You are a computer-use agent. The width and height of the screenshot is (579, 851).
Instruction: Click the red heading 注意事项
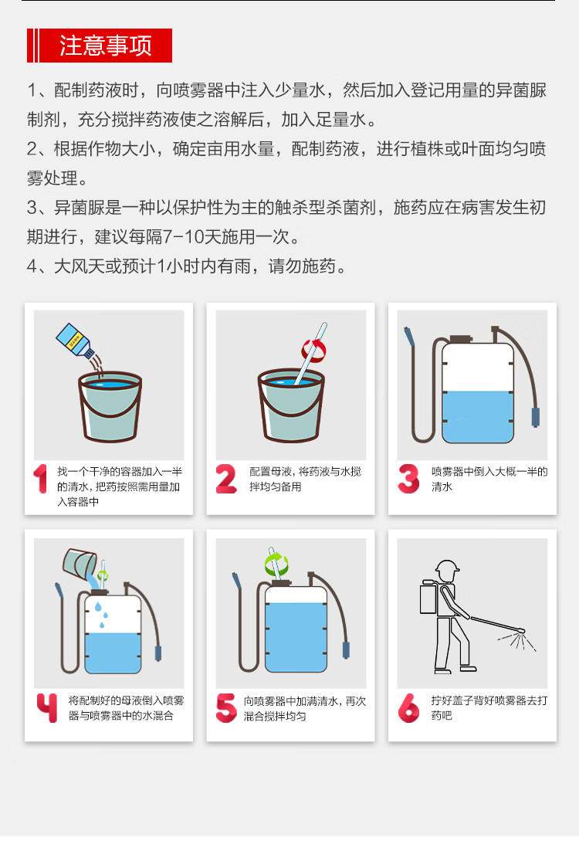click(105, 46)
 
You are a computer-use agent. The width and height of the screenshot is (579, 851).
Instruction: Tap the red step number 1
click(40, 478)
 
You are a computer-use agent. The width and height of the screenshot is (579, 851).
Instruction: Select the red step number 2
click(226, 478)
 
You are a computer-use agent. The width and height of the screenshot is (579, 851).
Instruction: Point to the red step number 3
click(408, 478)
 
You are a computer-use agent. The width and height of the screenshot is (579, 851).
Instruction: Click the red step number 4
click(46, 707)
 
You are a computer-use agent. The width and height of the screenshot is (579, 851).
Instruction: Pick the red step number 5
click(225, 707)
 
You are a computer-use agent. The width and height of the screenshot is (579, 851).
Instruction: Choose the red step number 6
click(408, 707)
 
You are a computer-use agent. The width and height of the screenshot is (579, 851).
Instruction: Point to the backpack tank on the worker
click(429, 598)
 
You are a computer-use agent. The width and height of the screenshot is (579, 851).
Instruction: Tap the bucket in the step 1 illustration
click(110, 406)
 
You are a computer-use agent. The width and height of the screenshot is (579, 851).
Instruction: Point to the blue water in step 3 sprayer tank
click(478, 417)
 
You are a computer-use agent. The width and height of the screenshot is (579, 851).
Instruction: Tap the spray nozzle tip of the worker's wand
click(520, 631)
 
